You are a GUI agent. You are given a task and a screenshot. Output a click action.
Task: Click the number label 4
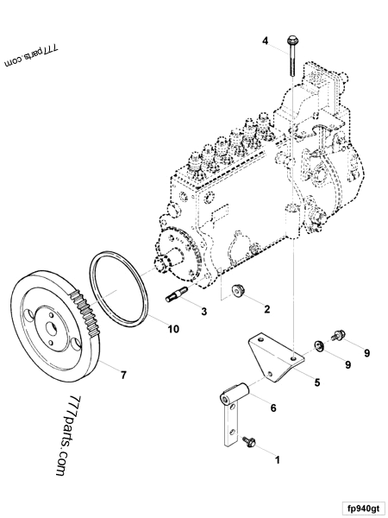[x=266, y=41]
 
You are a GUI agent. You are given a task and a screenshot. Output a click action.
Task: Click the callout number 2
[x=266, y=308]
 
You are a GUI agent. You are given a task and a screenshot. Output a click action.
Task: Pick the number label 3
[x=203, y=310]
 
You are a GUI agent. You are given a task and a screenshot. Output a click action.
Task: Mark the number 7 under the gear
[x=122, y=375]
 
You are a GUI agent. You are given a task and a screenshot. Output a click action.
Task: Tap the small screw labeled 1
[x=250, y=441]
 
